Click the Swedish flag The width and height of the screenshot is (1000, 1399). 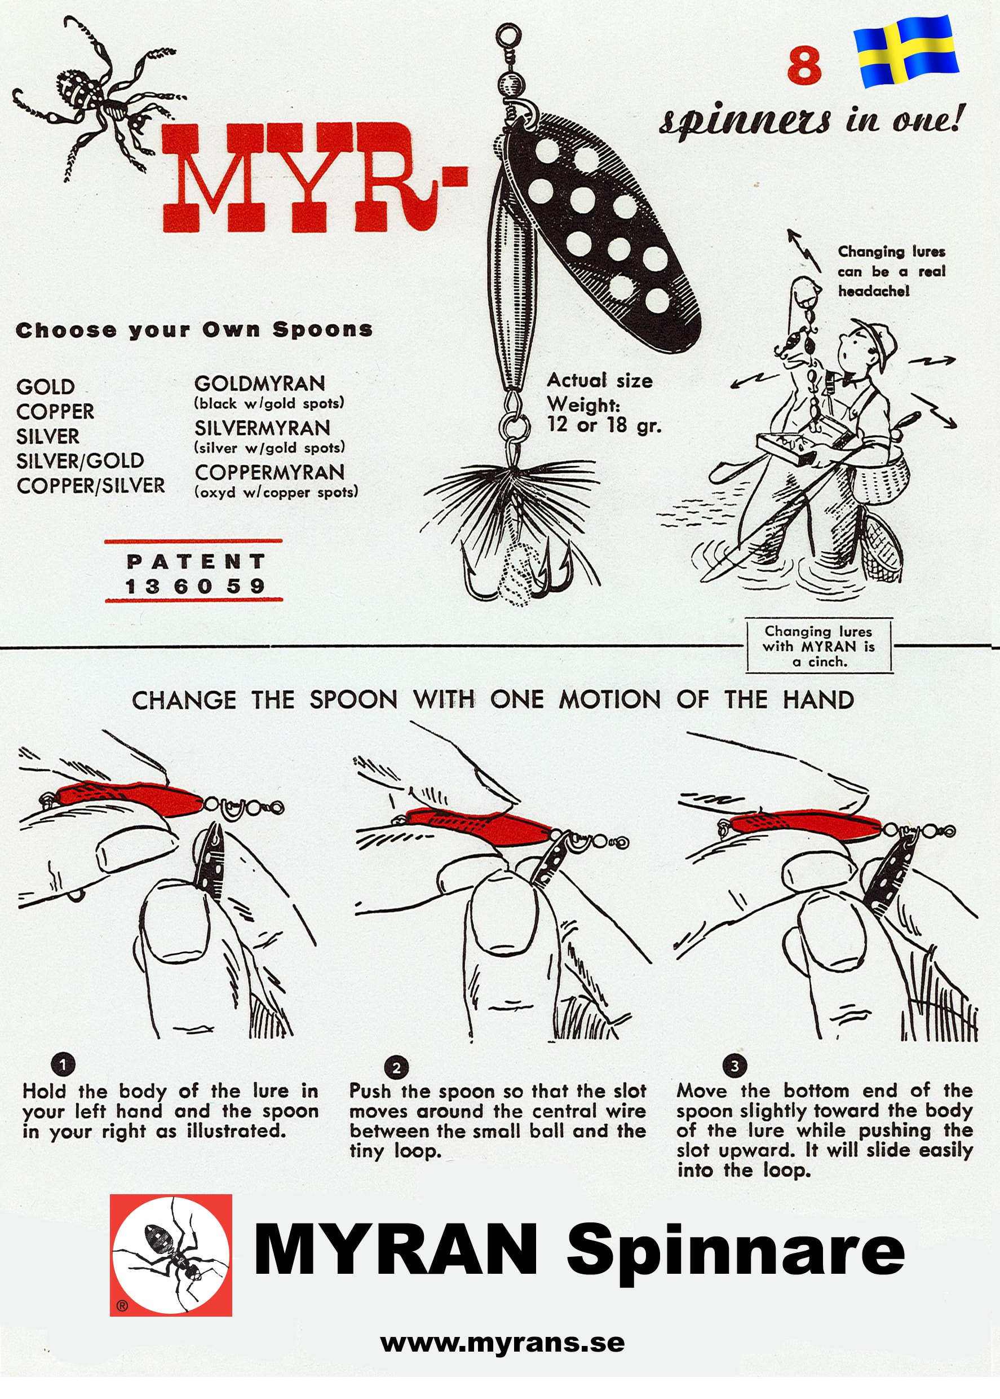[906, 51]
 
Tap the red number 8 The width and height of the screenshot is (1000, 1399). [804, 66]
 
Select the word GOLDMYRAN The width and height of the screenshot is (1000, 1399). [259, 384]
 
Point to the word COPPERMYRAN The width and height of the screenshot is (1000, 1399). [269, 473]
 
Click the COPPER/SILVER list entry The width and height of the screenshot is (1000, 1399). [91, 486]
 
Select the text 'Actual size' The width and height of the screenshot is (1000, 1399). [600, 380]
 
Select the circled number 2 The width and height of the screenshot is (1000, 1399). [396, 1067]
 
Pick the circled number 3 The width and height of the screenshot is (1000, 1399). [734, 1065]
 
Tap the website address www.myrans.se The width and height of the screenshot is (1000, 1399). [502, 1343]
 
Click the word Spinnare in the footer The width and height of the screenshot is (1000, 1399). [735, 1251]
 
